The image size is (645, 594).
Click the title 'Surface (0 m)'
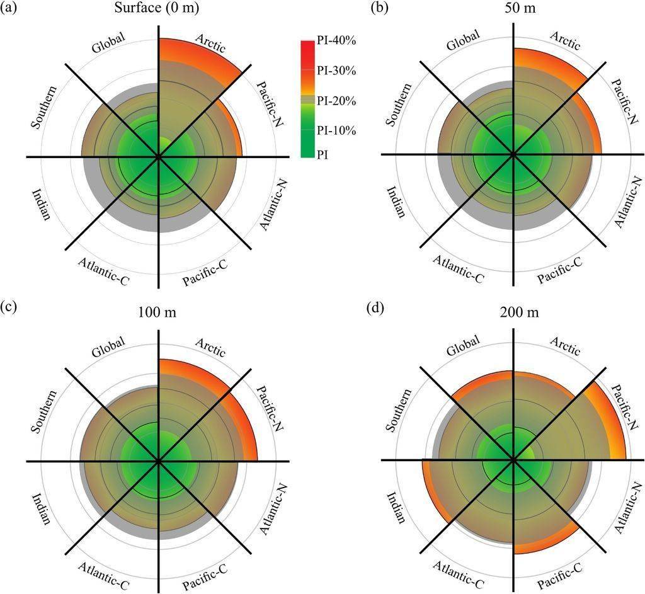click(158, 9)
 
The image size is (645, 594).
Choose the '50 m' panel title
click(515, 9)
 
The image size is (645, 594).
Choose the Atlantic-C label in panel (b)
click(459, 267)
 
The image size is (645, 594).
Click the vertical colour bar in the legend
click(307, 98)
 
